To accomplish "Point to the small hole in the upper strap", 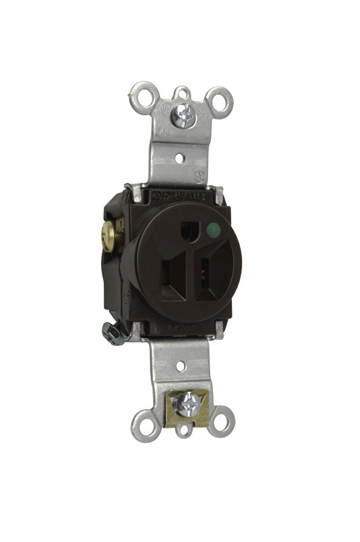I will pyautogui.click(x=180, y=160).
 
